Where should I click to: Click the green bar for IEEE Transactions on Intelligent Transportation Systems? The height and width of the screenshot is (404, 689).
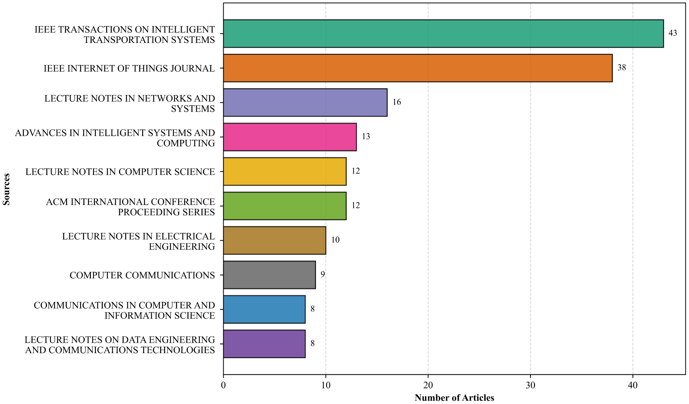443,34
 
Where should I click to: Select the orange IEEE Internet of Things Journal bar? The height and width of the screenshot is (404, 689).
418,68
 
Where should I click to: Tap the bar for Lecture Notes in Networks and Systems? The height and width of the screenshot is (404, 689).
305,102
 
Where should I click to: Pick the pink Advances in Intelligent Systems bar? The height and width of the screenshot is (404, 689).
290,137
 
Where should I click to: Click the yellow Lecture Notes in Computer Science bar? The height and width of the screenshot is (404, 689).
285,171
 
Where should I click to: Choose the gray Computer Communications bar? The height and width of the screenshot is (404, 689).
269,275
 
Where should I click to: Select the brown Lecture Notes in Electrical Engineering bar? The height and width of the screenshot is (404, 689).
275,240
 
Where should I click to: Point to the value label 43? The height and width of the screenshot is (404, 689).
673,33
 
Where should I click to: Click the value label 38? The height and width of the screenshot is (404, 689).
622,68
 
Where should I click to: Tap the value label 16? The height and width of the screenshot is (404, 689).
397,102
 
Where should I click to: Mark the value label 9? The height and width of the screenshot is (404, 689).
323,275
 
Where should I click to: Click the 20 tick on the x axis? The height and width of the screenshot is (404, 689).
428,385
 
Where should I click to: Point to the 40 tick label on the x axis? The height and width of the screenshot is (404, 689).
633,385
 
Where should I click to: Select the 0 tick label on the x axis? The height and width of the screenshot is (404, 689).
224,385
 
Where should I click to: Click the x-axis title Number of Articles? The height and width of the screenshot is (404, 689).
455,398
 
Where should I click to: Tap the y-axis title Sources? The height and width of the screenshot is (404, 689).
6,189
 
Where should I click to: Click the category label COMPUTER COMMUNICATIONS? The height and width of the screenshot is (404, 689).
142,275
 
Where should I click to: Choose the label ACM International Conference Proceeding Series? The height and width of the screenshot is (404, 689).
130,207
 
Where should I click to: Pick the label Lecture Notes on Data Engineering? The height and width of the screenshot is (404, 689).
120,345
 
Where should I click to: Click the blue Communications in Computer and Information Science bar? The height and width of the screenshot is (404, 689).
264,309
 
